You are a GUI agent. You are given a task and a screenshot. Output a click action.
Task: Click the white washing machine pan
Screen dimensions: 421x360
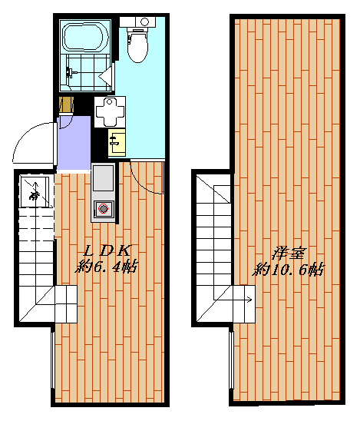[107, 113]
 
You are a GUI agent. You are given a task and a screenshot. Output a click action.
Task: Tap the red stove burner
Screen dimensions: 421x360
[103, 207]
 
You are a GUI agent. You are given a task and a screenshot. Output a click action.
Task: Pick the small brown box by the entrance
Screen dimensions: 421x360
[65, 104]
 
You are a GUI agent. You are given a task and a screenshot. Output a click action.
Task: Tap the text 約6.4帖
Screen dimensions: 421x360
[107, 268]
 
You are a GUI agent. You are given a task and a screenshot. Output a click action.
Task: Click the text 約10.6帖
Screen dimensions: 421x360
[289, 270]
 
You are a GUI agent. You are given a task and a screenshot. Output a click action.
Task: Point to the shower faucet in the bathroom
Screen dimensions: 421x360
[71, 74]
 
